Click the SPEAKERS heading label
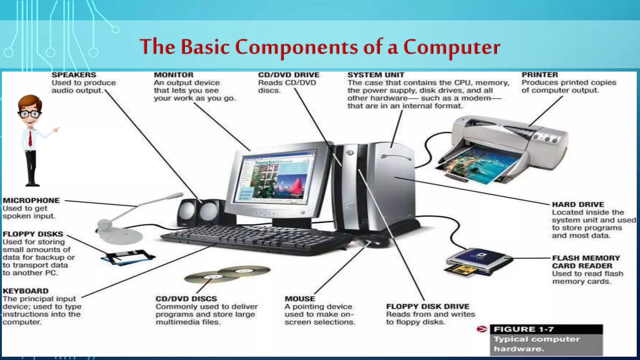[74, 75]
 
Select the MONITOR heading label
[173, 75]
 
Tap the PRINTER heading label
[540, 75]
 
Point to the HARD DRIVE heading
[578, 204]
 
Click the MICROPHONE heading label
[31, 200]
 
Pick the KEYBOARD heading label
[26, 291]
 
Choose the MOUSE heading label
[300, 299]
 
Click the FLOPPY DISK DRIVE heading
[427, 306]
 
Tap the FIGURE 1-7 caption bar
[546, 329]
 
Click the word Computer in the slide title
[452, 47]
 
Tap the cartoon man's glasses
[30, 114]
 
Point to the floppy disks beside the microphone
[128, 257]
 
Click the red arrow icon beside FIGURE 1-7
[482, 329]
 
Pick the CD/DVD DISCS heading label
[186, 299]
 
